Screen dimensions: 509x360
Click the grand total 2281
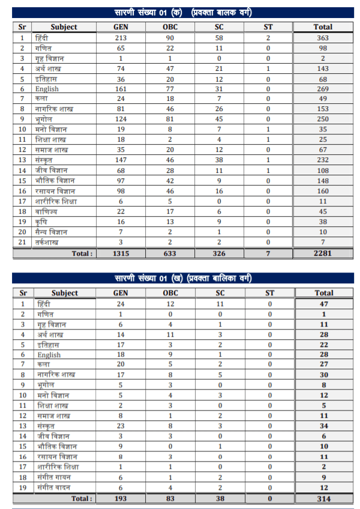tap(323, 253)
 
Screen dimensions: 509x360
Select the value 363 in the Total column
tap(323, 37)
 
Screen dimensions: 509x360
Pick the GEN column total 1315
tap(120, 253)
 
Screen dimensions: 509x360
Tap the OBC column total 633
tap(170, 253)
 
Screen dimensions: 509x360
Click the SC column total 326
tap(220, 253)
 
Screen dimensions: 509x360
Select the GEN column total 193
tap(120, 498)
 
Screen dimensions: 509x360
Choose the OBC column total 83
tap(170, 498)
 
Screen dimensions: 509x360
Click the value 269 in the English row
tap(323, 88)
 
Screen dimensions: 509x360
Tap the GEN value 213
tap(120, 37)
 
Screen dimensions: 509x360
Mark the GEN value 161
tap(120, 88)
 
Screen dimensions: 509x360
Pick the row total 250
tap(323, 119)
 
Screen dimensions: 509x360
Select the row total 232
tap(323, 160)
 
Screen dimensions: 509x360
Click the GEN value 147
tap(120, 160)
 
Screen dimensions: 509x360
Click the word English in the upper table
tap(47, 89)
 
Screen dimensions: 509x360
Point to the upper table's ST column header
tap(268, 26)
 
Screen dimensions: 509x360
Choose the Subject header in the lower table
tap(65, 293)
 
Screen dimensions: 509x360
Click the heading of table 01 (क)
tap(183, 13)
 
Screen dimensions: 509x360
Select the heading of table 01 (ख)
tap(183, 279)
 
